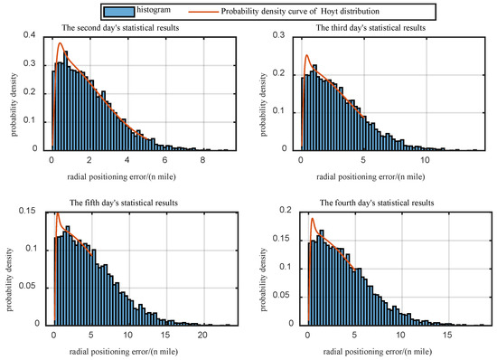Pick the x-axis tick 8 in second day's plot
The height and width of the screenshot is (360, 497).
[x=203, y=159]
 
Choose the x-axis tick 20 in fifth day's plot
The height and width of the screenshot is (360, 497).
[x=202, y=334]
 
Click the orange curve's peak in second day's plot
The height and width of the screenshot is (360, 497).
[x=61, y=43]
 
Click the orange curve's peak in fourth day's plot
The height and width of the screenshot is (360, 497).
[x=313, y=219]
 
